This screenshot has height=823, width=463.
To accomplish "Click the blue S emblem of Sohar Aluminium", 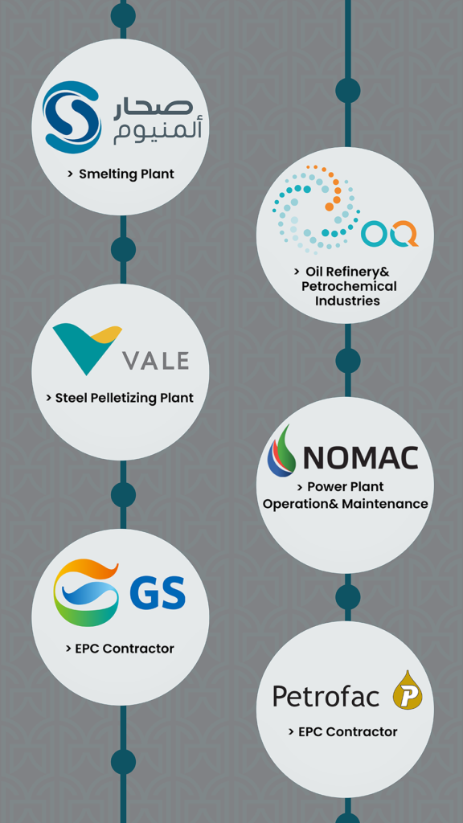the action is [x=72, y=117].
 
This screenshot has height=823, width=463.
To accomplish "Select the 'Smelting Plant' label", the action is [x=126, y=174].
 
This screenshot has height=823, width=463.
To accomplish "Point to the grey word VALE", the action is [x=155, y=361].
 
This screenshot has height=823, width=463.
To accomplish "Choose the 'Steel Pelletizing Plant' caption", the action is [x=125, y=398].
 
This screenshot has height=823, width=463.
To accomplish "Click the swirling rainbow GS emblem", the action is [x=86, y=592].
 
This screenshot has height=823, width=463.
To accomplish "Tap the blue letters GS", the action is [x=158, y=592].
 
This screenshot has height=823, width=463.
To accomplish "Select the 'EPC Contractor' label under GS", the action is [x=125, y=649].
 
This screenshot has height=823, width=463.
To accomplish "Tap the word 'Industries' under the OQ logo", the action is [x=347, y=301].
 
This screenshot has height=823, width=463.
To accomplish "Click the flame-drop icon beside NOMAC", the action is [x=281, y=450].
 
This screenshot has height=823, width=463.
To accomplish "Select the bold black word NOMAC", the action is [x=360, y=457].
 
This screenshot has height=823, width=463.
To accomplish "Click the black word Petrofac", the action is [x=326, y=697].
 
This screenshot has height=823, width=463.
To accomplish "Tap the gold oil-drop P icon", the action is [x=408, y=690].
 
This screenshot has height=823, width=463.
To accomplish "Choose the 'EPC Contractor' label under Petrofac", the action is [x=347, y=731].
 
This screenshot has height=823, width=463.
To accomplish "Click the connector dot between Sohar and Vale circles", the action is [x=123, y=250].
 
